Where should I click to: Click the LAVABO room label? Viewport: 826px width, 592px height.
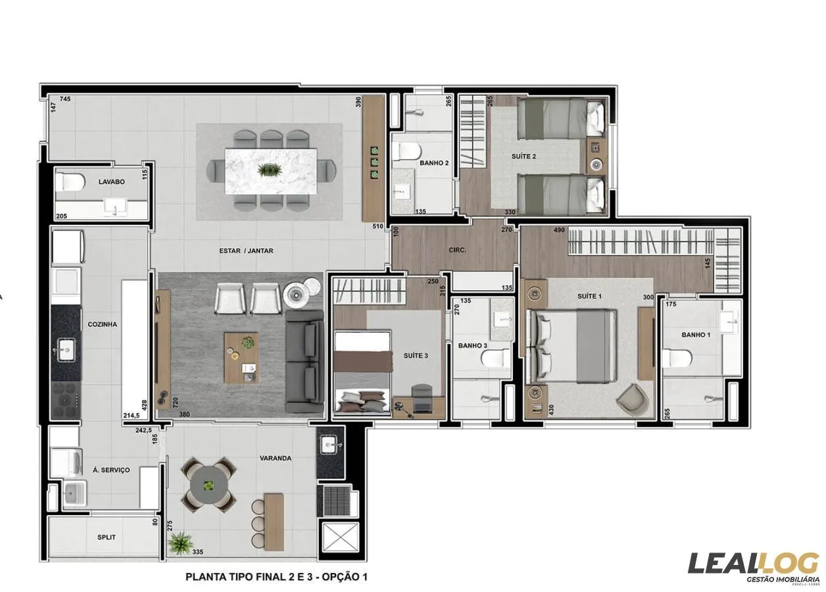coord(111,182)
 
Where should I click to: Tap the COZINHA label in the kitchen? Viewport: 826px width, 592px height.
coord(102,324)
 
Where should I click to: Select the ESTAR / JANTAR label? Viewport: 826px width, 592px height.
coord(246,251)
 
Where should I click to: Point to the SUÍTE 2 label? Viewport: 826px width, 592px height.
coord(524,157)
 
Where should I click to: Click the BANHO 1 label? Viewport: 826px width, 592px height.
coord(696,335)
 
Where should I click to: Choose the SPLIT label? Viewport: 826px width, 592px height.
coord(106,537)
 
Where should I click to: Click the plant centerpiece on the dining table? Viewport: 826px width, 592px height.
coord(269,170)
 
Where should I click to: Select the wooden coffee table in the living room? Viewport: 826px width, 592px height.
coord(241,357)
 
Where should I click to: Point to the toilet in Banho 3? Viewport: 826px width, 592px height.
coord(495,358)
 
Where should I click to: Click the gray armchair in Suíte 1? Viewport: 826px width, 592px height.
coord(632,396)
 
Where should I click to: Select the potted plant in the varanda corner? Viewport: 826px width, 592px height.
coord(180,543)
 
